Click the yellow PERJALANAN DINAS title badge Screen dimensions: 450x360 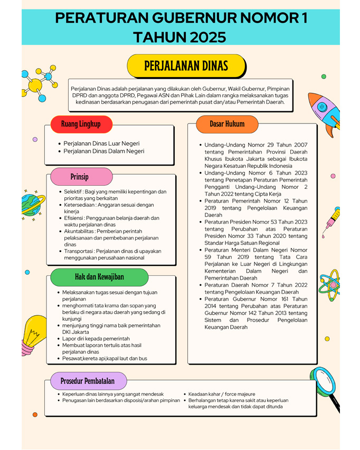186,66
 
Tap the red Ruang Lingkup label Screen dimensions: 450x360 81,124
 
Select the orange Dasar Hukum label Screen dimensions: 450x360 227,124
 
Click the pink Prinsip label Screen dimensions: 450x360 79,177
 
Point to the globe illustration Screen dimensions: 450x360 33,205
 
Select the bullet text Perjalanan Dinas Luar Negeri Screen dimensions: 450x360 101,143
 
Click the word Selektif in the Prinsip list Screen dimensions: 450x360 74,192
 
